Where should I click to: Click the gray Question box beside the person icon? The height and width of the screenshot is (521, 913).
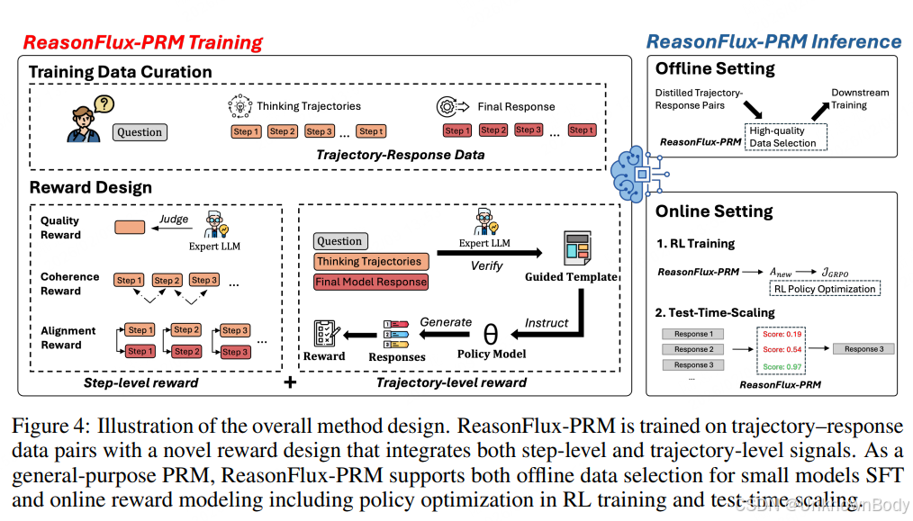click(x=140, y=132)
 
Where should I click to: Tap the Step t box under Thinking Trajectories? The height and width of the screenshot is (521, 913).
click(x=370, y=131)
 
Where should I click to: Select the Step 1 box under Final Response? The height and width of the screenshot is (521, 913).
click(x=456, y=130)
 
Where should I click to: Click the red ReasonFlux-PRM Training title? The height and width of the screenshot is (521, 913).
click(x=142, y=42)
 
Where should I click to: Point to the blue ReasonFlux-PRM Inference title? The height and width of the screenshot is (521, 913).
click(x=773, y=41)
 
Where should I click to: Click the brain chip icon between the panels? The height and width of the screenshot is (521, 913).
click(x=635, y=172)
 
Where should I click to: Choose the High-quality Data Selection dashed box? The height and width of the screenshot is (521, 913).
click(x=782, y=137)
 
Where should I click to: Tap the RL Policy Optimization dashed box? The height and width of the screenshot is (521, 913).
click(x=824, y=289)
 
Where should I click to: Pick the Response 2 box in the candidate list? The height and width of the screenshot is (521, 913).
click(x=693, y=349)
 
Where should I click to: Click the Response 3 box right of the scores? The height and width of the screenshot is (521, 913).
click(x=863, y=349)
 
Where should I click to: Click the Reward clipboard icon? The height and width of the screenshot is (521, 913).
click(x=324, y=333)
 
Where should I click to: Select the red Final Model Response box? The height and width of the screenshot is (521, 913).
click(x=371, y=282)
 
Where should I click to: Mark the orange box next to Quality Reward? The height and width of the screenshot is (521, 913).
click(x=130, y=228)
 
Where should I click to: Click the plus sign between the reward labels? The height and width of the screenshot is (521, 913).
click(x=290, y=382)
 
